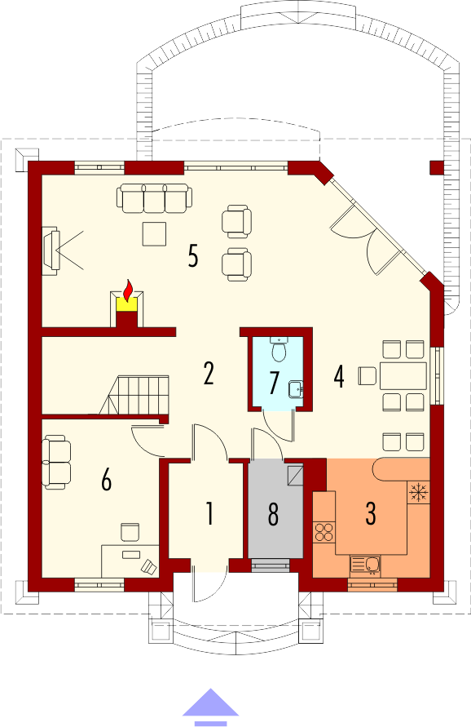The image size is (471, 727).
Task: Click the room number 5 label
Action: click(x=193, y=255)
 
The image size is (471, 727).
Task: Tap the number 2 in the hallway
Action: click(x=209, y=374)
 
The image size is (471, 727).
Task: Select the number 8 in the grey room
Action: click(x=273, y=514)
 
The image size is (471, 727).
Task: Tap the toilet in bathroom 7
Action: click(x=279, y=349)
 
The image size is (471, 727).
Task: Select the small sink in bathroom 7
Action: click(x=295, y=388)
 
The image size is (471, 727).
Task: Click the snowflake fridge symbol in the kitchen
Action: click(x=418, y=492)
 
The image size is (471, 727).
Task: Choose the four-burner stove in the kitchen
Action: click(x=324, y=532)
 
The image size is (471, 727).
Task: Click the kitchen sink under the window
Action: click(x=365, y=565)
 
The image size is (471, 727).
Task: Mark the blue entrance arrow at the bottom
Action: click(x=211, y=707)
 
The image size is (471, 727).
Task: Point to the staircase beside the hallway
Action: click(x=134, y=394)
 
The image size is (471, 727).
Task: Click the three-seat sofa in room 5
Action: click(x=154, y=198)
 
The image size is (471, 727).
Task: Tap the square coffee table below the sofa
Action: click(x=154, y=234)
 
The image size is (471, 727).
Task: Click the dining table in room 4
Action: click(x=403, y=375)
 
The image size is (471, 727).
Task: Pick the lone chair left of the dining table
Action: click(x=367, y=375)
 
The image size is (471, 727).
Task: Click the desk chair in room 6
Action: click(x=130, y=532)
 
